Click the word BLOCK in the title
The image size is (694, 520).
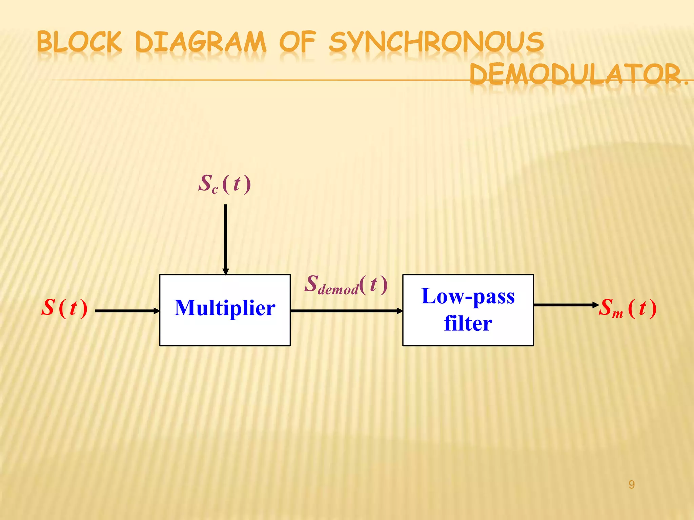(79, 42)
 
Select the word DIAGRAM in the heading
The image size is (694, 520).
(201, 42)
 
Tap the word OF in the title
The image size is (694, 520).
(298, 42)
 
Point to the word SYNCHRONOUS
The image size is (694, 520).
(436, 42)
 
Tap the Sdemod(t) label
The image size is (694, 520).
(346, 284)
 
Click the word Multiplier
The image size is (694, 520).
(225, 308)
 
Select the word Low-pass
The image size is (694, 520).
(468, 296)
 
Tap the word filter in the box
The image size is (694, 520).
(468, 323)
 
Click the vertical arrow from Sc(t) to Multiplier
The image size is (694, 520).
(226, 237)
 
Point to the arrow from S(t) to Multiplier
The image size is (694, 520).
(127, 311)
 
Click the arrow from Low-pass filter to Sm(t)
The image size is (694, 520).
(566, 305)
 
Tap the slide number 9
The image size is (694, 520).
(631, 485)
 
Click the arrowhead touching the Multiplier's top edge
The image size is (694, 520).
(226, 272)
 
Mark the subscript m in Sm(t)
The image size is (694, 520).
(617, 314)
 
